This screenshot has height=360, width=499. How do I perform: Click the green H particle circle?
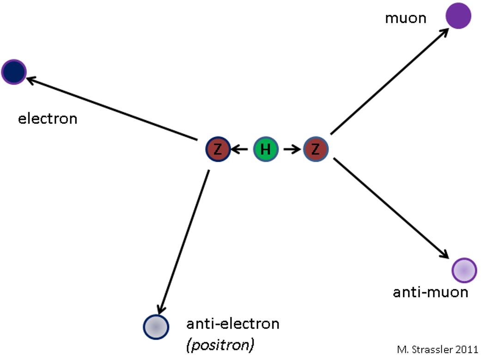(x=266, y=149)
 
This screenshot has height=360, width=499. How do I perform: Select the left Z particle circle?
(x=218, y=149)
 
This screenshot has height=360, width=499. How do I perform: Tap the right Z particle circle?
(x=316, y=149)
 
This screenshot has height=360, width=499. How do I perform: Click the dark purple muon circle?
(x=458, y=16)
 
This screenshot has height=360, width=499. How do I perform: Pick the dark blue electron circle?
(x=14, y=72)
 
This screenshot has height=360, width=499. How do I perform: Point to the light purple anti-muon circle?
(x=464, y=270)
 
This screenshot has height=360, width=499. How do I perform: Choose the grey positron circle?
(x=156, y=326)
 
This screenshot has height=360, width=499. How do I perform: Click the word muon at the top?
(x=405, y=18)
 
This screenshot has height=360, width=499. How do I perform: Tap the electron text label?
(x=48, y=119)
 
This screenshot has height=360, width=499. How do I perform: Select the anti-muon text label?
(x=430, y=292)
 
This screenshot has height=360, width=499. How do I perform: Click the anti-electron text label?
(x=233, y=323)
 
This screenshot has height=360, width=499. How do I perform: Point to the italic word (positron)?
(x=220, y=345)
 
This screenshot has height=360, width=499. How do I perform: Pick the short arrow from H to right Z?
(x=291, y=149)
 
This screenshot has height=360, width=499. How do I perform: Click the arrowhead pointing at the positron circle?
(x=161, y=310)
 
